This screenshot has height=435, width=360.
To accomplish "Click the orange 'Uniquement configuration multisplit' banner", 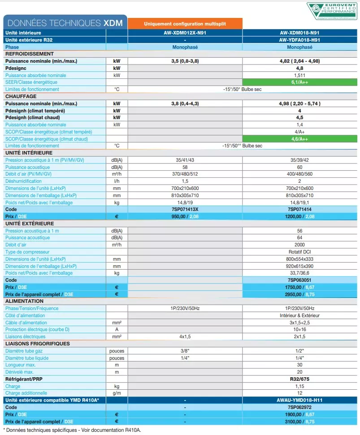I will pyautogui.click(x=185, y=24).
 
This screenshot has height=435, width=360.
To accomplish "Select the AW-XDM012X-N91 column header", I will pyautogui.click(x=185, y=33).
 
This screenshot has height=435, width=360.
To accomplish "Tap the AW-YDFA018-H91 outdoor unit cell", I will pyautogui.click(x=299, y=40).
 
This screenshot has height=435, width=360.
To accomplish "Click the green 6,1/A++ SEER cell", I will pyautogui.click(x=299, y=82).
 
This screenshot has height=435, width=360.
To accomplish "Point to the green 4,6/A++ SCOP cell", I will pyautogui.click(x=299, y=139).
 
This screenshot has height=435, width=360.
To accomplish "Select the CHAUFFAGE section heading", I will pyautogui.click(x=21, y=96).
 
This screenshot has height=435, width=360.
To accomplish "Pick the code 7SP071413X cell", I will pyautogui.click(x=185, y=209).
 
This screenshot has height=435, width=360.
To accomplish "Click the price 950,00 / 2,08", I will pyautogui.click(x=185, y=216).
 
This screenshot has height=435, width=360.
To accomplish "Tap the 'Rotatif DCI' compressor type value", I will pyautogui.click(x=299, y=252).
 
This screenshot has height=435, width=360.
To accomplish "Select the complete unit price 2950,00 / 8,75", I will pyautogui.click(x=299, y=294).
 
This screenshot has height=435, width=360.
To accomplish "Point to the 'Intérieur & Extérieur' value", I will pyautogui.click(x=299, y=315).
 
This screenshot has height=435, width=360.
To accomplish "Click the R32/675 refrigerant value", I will pyautogui.click(x=299, y=379).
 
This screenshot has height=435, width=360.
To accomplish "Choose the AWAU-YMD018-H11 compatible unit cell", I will pyautogui.click(x=299, y=400).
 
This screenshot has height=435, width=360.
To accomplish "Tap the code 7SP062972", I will pyautogui.click(x=299, y=407).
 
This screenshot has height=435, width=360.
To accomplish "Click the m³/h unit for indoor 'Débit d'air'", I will pyautogui.click(x=117, y=174).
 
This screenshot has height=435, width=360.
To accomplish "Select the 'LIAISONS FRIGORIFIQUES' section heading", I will pyautogui.click(x=38, y=344).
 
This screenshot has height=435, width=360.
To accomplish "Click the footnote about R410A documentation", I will pyautogui.click(x=72, y=430).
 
